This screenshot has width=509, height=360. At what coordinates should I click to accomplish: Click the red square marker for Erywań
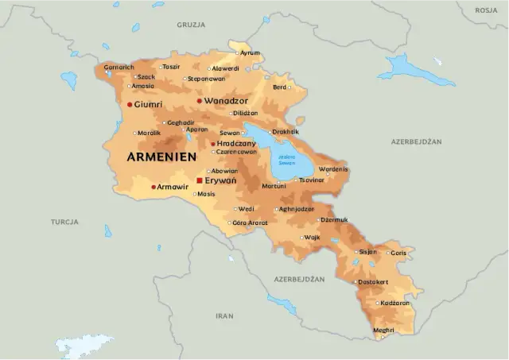coord(199,181)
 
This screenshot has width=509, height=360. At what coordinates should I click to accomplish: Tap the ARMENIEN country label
coord(161,157)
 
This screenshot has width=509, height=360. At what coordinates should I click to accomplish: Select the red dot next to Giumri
coord(130,104)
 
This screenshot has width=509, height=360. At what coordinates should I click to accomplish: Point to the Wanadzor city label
coord(226,101)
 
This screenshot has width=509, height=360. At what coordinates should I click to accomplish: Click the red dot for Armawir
coord(153,187)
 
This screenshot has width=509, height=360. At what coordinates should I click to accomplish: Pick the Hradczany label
coord(235,143)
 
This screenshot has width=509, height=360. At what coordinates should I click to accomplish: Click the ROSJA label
coord(486,10)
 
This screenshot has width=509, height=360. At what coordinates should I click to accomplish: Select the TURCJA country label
coord(64,222)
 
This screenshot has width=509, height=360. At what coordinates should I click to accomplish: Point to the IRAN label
coord(225,315)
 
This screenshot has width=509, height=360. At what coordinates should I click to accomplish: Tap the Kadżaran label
coord(394,303)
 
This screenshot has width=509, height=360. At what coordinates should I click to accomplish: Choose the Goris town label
coord(398,252)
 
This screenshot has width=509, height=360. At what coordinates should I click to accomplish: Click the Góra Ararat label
coord(251,223)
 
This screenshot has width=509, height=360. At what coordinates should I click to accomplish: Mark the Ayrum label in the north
coord(250,53)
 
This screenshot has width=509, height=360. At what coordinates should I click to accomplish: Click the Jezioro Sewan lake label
coord(286,160)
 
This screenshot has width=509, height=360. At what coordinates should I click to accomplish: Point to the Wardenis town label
coord(332,169)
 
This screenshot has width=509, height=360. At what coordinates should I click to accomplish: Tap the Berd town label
coord(279,87)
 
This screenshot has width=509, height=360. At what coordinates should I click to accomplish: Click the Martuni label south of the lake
coord(274,186)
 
